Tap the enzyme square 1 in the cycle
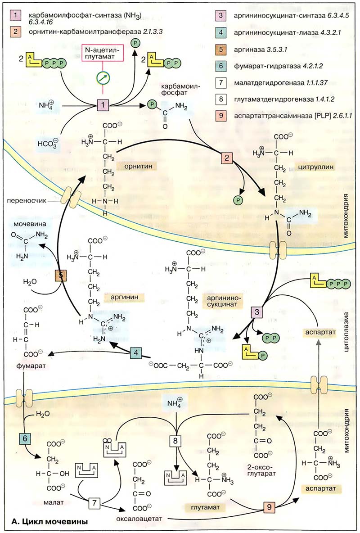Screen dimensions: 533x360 click(104, 106)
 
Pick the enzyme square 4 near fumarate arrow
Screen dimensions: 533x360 click(136, 354)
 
